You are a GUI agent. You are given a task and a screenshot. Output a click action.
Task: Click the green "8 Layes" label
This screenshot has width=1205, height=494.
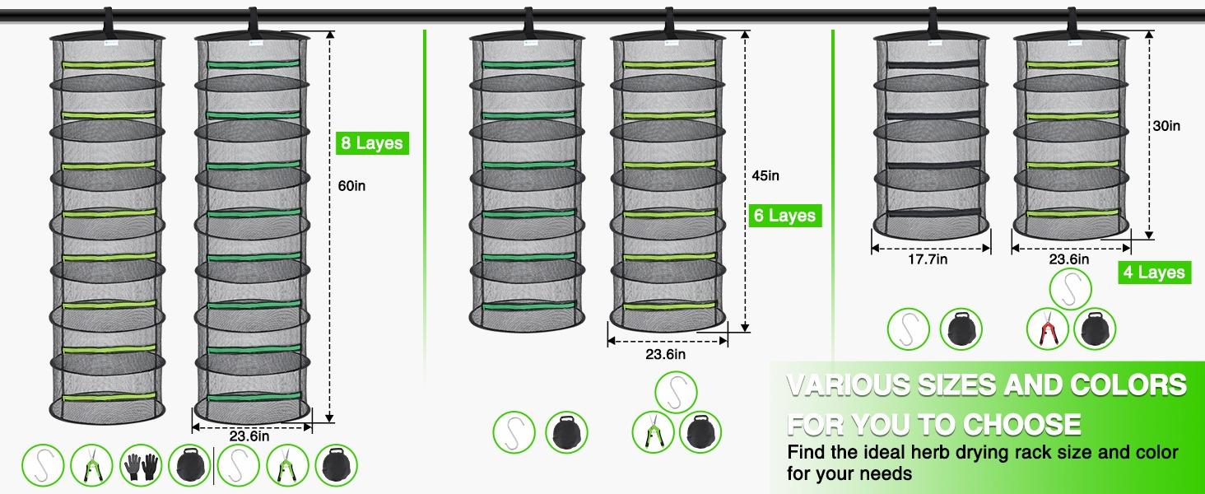tap(372, 143)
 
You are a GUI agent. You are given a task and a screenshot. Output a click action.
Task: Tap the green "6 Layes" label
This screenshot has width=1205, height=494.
tap(784, 216)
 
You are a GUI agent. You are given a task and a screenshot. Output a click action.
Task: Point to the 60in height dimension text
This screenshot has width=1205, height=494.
tap(351, 186)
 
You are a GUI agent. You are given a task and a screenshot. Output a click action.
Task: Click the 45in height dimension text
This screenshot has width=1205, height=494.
tap(765, 175)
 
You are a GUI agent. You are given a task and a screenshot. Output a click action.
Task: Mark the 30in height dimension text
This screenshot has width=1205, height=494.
tap(1166, 126)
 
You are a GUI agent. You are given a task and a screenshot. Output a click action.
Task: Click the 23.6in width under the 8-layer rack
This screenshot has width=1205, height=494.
tap(249, 436)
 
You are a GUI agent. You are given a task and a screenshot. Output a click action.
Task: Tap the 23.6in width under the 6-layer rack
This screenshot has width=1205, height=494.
tap(665, 355)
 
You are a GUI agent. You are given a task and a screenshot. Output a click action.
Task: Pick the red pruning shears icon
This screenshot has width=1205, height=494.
tap(1048, 329)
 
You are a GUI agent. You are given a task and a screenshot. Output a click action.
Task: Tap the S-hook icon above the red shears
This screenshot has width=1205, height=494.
tap(1072, 289)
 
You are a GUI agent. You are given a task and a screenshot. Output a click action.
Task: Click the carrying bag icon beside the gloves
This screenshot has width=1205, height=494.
tap(188, 464)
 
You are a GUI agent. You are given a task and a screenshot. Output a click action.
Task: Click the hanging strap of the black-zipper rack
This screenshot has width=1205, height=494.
tap(932, 21)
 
